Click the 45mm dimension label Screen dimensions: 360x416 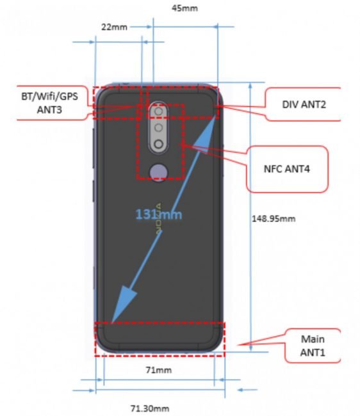coord(184,8)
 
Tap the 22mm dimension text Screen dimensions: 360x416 coord(114,27)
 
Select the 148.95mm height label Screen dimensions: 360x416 coord(274,219)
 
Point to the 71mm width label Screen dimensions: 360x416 coord(159,370)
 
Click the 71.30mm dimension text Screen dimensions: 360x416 coord(150,408)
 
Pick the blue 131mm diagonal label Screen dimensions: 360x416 coord(159,214)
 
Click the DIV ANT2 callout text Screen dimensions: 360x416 coord(304,104)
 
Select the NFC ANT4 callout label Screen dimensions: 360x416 coord(287,169)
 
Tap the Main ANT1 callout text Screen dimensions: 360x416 coord(313,346)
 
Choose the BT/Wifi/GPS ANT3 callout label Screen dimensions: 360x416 coord(50,103)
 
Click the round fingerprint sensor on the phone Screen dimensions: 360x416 coord(159,173)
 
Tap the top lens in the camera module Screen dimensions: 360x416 coord(159,111)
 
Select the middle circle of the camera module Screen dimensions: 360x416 coord(159,128)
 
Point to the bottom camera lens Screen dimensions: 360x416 coord(159,145)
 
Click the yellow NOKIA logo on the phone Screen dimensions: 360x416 coord(159,219)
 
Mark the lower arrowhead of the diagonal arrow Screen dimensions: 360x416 coord(122,305)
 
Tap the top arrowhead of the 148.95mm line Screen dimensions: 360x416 coord(250,86)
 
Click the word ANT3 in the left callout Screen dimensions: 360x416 coord(49,110)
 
